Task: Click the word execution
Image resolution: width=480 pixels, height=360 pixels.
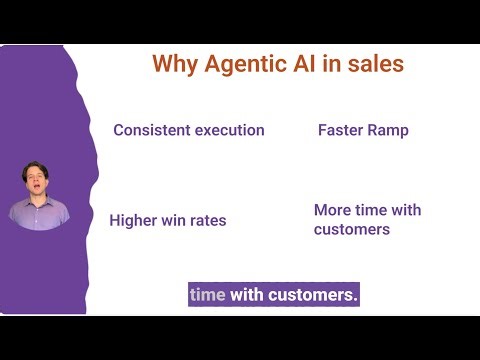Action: click(x=231, y=130)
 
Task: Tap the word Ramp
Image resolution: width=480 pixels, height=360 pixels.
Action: click(x=390, y=130)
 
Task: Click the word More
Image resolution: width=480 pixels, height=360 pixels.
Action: click(x=333, y=210)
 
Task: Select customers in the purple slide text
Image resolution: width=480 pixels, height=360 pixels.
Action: click(x=351, y=229)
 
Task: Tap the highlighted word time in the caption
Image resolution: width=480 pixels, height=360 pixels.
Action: click(x=208, y=295)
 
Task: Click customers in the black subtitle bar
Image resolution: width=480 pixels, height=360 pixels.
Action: click(x=311, y=295)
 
